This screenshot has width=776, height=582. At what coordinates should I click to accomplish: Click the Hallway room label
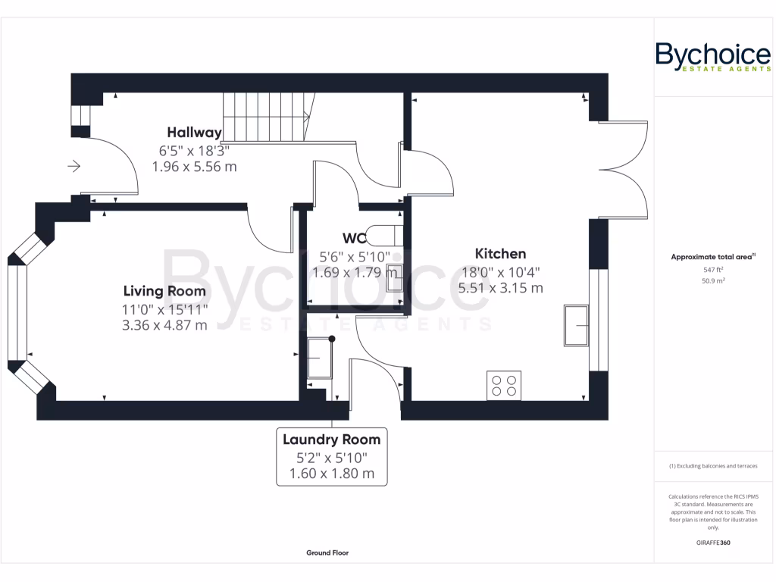(194, 132)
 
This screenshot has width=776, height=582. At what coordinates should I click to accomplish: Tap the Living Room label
(164, 291)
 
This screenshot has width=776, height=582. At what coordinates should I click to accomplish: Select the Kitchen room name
(500, 254)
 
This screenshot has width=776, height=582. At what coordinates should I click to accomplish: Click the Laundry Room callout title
(332, 440)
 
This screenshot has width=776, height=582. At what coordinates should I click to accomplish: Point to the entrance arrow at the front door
(74, 166)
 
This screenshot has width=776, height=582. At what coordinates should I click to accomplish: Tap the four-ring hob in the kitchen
(504, 386)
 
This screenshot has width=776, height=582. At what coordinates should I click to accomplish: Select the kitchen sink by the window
(576, 326)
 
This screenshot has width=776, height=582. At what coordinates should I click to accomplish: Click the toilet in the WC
(385, 236)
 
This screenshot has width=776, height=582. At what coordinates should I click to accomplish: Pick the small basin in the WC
(394, 277)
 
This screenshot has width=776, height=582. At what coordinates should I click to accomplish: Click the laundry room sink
(320, 358)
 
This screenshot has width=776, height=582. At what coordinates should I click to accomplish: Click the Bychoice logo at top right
(713, 57)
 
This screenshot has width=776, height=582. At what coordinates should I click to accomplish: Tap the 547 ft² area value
(713, 270)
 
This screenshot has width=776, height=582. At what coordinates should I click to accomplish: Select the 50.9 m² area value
(713, 280)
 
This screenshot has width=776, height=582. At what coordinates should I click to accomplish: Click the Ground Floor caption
(327, 552)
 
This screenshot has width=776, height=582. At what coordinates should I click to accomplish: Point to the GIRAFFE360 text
(713, 543)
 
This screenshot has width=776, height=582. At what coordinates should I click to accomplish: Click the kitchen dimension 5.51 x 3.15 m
(500, 288)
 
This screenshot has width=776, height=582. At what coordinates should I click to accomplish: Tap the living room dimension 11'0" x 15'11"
(164, 309)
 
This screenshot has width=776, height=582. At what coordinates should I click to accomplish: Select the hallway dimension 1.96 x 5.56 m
(194, 167)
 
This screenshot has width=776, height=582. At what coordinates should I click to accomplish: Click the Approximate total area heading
(712, 257)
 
